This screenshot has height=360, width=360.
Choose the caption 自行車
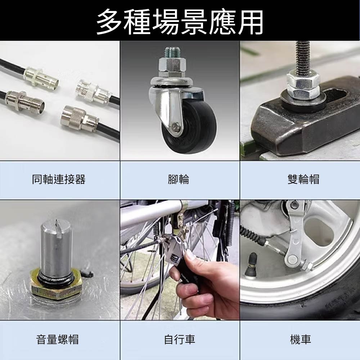coord(179,339)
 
